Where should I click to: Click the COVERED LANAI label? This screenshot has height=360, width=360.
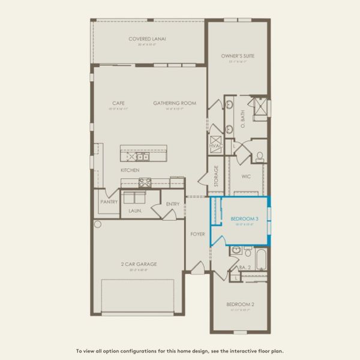[x=147, y=39]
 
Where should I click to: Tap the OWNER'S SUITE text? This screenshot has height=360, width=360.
[x=238, y=56]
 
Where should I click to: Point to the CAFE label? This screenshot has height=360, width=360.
[x=118, y=103]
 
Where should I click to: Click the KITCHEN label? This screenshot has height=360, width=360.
[x=130, y=170]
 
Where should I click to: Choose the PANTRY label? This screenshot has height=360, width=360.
[x=109, y=202]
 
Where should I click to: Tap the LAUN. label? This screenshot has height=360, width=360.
[x=134, y=211]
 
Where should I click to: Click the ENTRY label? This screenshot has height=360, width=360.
[x=173, y=204]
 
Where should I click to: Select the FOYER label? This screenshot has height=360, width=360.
[x=198, y=233]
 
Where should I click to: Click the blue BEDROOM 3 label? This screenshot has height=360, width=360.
[x=244, y=219]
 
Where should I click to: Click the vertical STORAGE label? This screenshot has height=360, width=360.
[x=216, y=177]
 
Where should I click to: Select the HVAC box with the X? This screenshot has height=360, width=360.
[x=215, y=145]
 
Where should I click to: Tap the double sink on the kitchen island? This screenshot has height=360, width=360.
[x=142, y=157]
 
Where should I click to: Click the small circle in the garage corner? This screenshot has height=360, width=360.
[x=98, y=224]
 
